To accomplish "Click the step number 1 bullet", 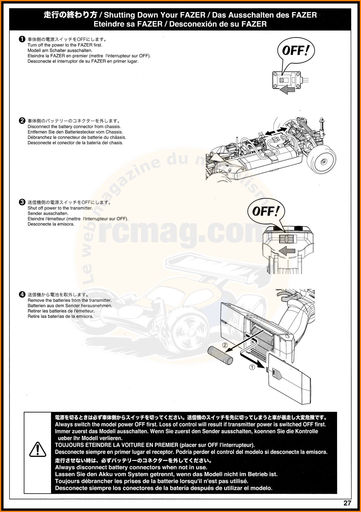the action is tap(22, 39).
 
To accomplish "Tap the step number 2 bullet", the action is tap(22, 121).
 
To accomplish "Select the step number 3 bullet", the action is tap(22, 202).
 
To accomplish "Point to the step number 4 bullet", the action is tap(22, 294).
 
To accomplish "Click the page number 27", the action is tap(347, 503).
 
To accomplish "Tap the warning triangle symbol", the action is tap(38, 450).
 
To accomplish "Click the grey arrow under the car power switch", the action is tap(287, 90).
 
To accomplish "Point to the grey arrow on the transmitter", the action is tap(287, 251).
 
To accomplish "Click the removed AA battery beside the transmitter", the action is tap(220, 355).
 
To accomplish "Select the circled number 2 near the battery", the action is tap(225, 345).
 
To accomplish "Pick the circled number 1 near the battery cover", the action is tap(252, 367).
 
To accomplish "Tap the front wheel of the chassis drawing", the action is tap(322, 160).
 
